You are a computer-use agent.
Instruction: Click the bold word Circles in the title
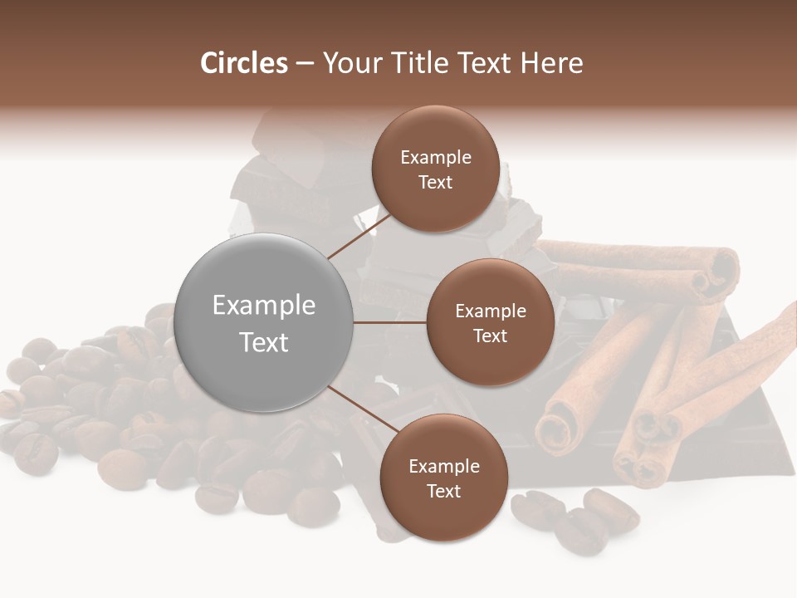244,63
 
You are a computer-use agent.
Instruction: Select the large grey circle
263,323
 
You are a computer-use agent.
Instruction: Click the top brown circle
436,169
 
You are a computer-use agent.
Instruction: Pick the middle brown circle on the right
490,322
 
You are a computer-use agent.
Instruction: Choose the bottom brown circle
443,478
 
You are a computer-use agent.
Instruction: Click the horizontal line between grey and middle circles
390,322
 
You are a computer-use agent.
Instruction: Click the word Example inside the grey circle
263,306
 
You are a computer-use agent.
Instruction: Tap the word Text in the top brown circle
436,182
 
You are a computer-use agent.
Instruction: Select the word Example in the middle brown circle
490,311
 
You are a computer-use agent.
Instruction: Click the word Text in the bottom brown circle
443,491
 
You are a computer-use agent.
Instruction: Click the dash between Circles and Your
305,63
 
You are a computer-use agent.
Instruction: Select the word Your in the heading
350,63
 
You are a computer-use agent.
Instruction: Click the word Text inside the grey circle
263,342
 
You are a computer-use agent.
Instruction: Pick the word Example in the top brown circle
436,157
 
